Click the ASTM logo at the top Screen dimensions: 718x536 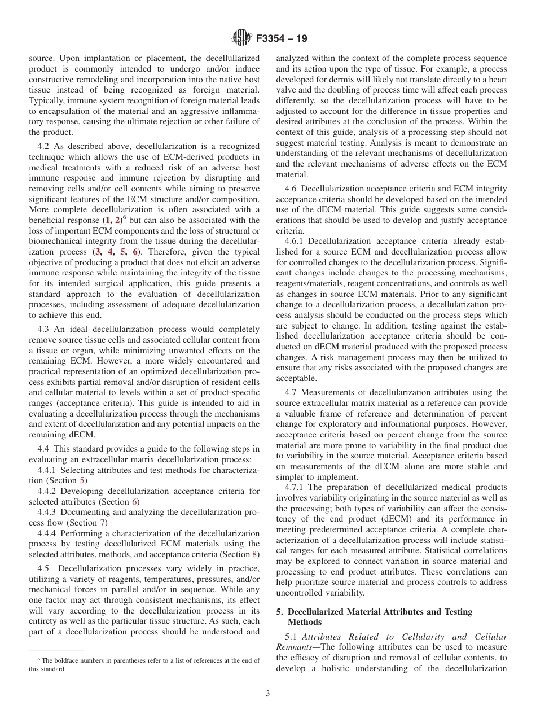[240, 39]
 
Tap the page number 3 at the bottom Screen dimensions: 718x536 [268, 694]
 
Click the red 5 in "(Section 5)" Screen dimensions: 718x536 [83, 480]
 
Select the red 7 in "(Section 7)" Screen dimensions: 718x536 [103, 523]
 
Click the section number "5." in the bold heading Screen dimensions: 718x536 [280, 612]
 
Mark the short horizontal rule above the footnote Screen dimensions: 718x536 [56, 650]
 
